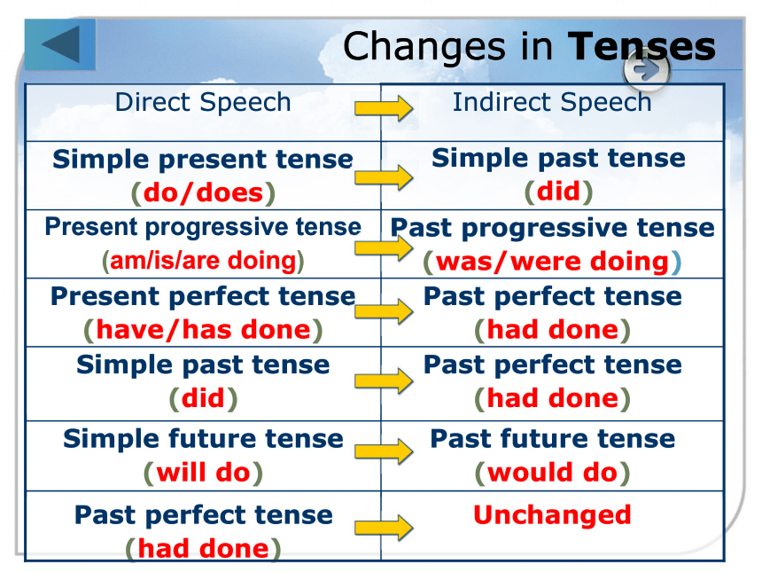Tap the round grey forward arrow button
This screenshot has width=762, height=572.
coord(646,70)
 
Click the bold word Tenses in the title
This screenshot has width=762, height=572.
coord(641,47)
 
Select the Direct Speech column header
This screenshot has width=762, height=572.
coord(203,103)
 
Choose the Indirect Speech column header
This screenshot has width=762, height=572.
coord(552,103)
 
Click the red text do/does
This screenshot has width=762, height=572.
coord(203,192)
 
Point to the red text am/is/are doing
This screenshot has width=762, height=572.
coord(203,261)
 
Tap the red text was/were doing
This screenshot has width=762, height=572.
coord(553,262)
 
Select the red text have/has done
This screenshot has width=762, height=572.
coord(203,330)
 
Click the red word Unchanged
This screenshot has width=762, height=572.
coord(552,514)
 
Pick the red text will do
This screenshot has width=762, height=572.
coord(203,473)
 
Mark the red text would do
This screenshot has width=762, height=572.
coord(552,473)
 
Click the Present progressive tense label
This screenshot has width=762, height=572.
coord(203,228)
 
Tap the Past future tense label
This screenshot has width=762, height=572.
coord(553,439)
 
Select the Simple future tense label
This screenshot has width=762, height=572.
coord(203,439)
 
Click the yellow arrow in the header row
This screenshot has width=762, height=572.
coord(384,108)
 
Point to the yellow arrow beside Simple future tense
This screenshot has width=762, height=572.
coord(384,451)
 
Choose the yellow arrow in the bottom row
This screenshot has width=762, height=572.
coord(384,528)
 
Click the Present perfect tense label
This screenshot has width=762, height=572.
coord(203,297)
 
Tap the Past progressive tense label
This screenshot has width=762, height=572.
coord(553,228)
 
